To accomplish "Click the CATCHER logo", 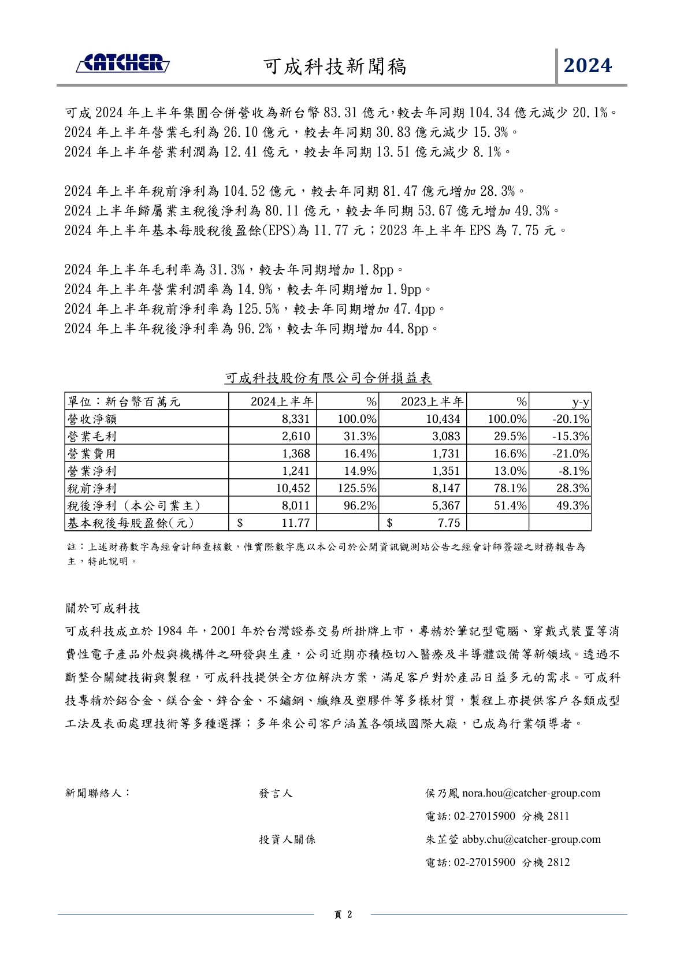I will tap(122, 63).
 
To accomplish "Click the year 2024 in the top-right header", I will tap(588, 66).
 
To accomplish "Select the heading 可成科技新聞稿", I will tap(335, 67).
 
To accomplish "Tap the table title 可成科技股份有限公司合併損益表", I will tap(328, 378).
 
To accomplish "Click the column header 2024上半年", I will tap(281, 402).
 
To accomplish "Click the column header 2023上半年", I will tap(432, 402).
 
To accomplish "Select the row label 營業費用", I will tap(92, 454).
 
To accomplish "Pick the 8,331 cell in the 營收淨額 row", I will tap(296, 419).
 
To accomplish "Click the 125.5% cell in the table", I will tap(356, 489).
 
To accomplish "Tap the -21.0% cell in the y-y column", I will tap(570, 454).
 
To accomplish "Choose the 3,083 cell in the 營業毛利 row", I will tap(446, 437).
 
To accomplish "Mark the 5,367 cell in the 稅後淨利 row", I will tap(446, 506).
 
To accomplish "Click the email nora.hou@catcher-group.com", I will tap(531, 793).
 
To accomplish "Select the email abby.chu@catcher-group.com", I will tap(531, 839).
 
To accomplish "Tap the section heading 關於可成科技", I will tap(103, 608).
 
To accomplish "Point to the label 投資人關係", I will tap(287, 839).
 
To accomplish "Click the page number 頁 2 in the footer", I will tap(343, 914).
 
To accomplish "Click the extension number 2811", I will tap(558, 816).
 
